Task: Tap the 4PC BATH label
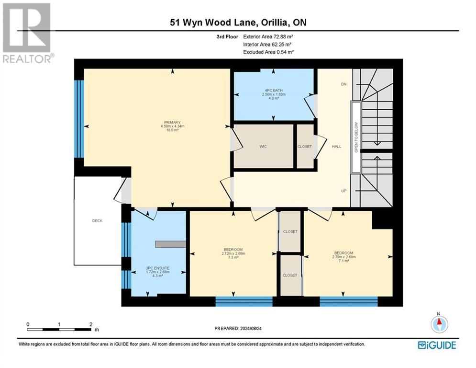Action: click(x=274, y=90)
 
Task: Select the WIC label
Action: click(x=263, y=146)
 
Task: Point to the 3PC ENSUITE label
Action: click(x=158, y=268)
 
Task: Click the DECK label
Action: click(x=97, y=221)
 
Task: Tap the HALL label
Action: click(x=336, y=146)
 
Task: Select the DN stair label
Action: click(x=343, y=84)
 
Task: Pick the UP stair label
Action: click(x=343, y=191)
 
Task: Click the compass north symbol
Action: click(x=439, y=324)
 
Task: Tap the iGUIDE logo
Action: click(x=436, y=345)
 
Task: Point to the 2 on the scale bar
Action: click(x=91, y=324)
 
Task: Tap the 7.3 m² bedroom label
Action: click(x=233, y=253)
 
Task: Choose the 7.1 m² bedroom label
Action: click(x=343, y=257)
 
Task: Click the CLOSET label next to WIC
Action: click(x=305, y=146)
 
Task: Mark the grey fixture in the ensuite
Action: click(x=170, y=244)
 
